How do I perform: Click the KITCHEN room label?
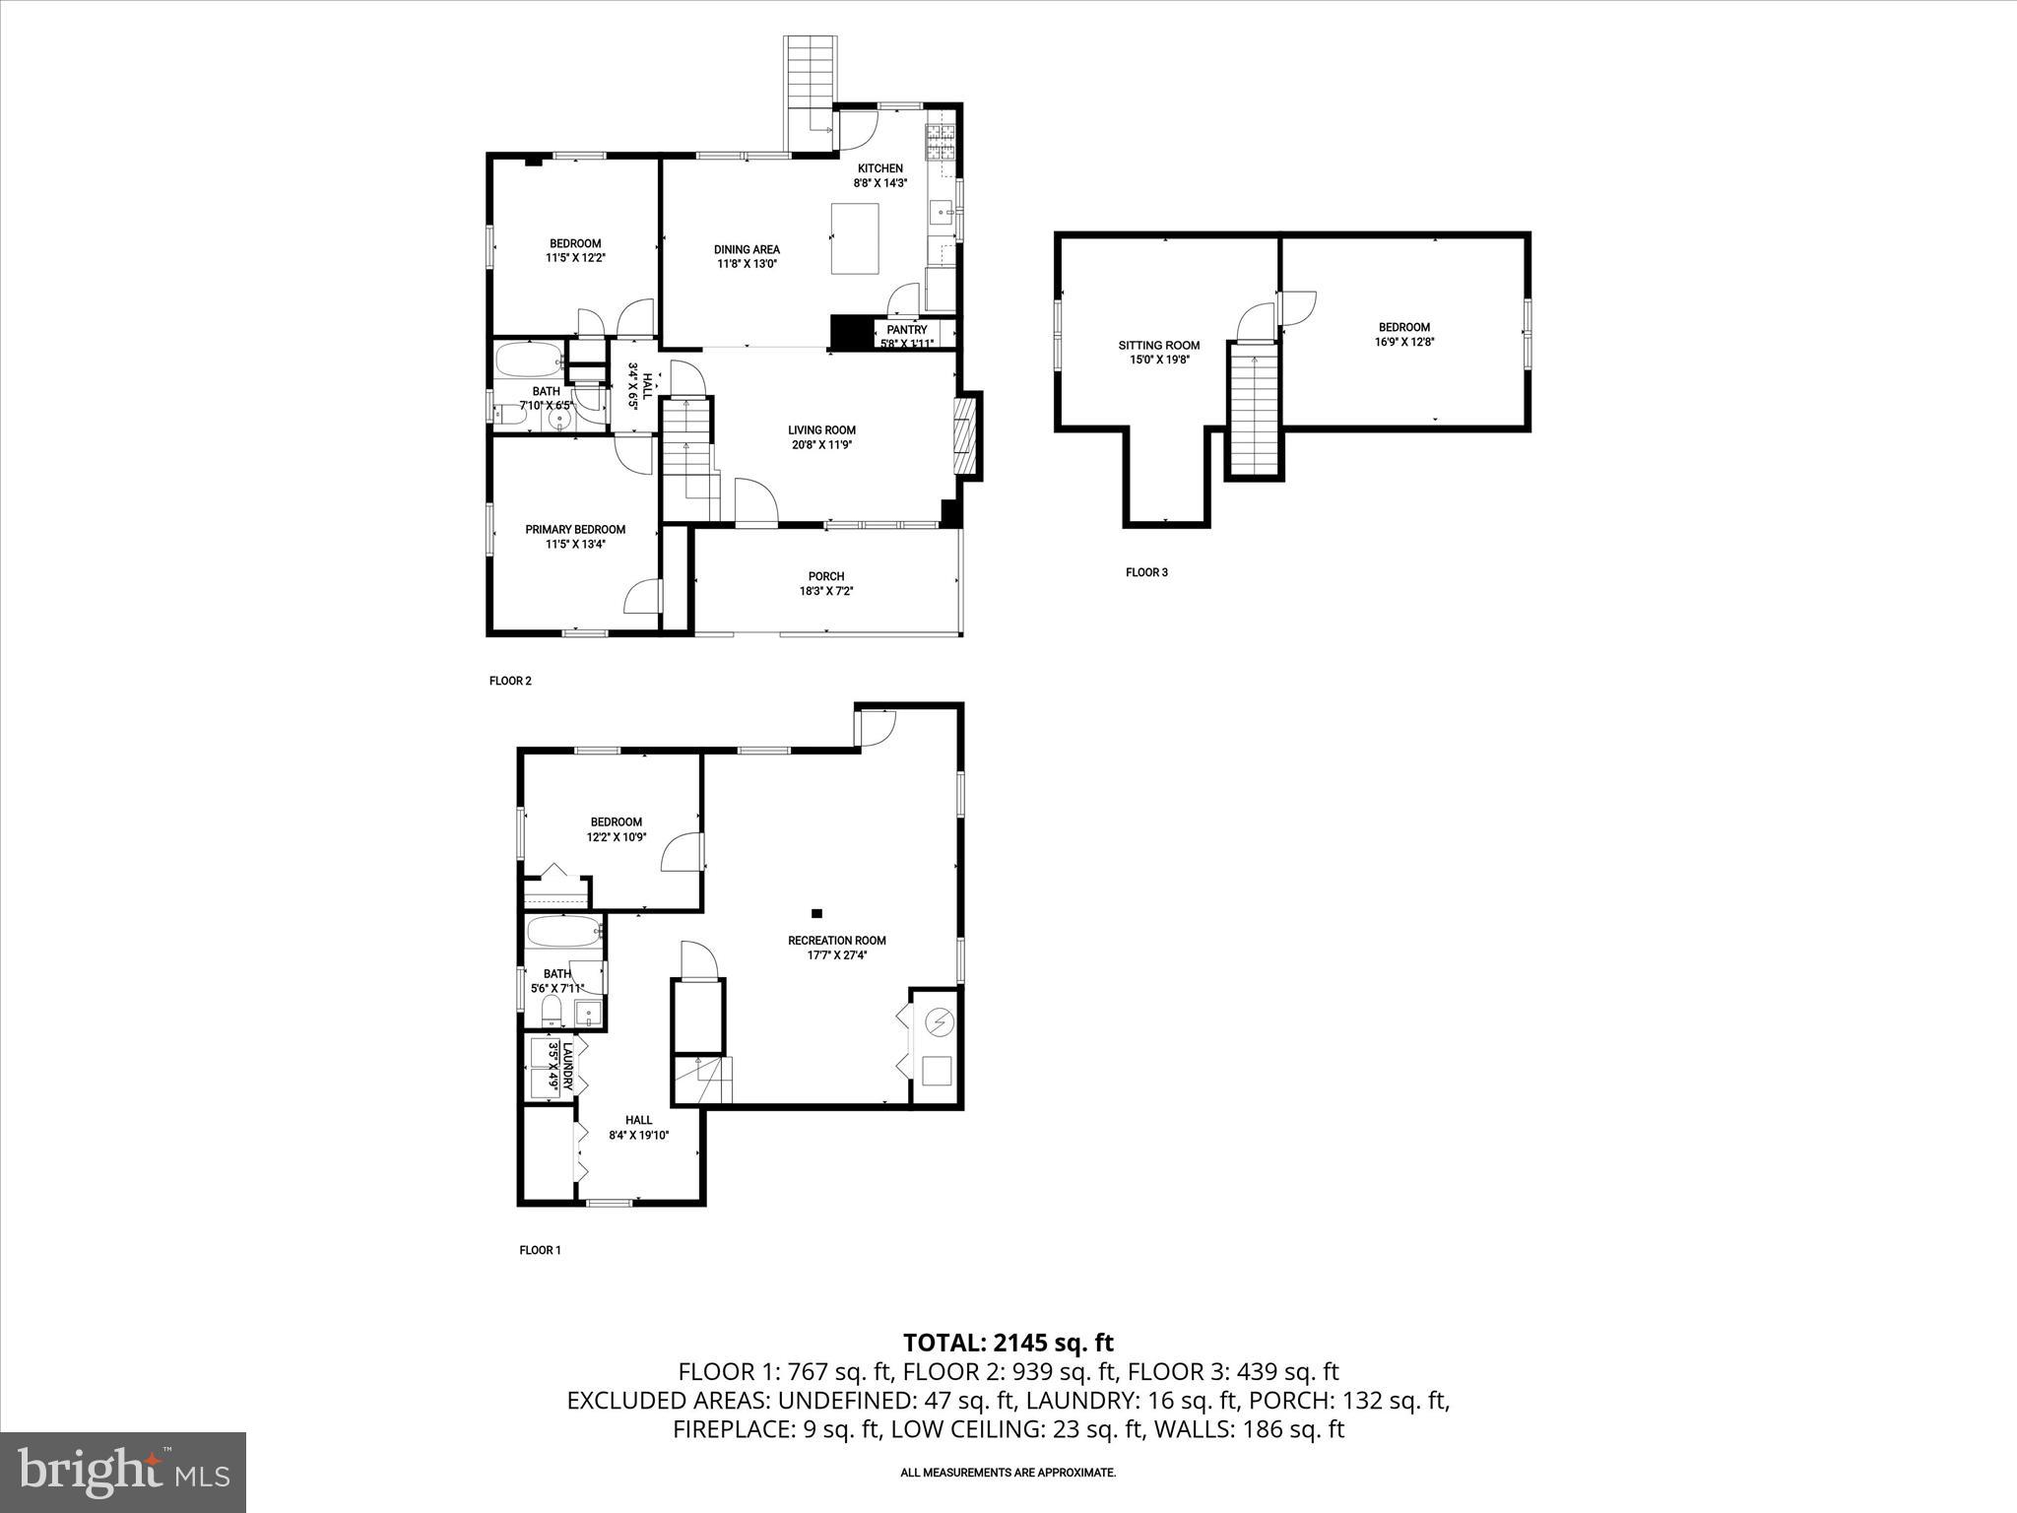click(x=879, y=168)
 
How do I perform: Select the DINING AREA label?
click(x=747, y=249)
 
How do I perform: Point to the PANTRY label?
click(x=906, y=330)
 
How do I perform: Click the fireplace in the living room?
click(x=968, y=436)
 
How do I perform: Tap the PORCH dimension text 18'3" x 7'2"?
click(x=826, y=591)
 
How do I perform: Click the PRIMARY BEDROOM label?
click(x=575, y=530)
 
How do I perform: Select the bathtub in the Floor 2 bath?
click(x=529, y=361)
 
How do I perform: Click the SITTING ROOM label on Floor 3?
click(x=1158, y=345)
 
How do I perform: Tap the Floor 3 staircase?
click(x=1254, y=414)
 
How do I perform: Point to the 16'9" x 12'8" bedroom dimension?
click(x=1403, y=342)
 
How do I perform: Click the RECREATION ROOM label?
click(x=836, y=940)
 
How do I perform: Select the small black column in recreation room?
click(x=816, y=913)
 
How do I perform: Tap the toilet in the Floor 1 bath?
click(x=552, y=1010)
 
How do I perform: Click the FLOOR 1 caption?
click(x=540, y=1250)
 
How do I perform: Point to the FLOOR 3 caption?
click(x=1146, y=572)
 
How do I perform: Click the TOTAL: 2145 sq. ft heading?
click(x=1008, y=1342)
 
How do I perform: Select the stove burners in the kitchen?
click(x=940, y=144)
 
